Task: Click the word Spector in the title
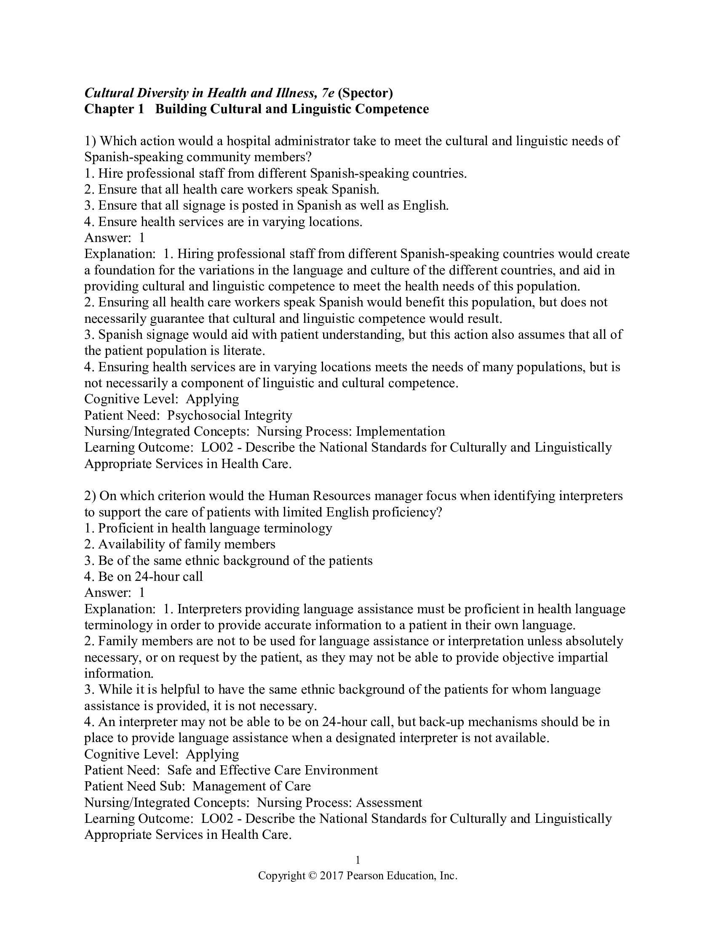tap(365, 93)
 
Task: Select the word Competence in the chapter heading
tap(392, 109)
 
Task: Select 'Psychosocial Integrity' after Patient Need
tap(230, 415)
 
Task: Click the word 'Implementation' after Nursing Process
tap(401, 431)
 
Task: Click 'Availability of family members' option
tap(187, 544)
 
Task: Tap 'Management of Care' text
tap(251, 787)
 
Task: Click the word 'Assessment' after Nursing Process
tap(389, 803)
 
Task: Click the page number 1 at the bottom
tap(358, 860)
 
